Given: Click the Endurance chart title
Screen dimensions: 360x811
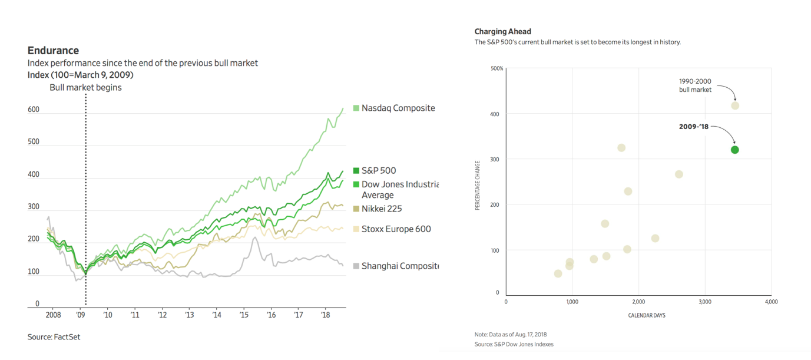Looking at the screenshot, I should coord(53,51).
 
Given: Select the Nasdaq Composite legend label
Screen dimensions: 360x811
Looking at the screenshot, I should coord(398,108).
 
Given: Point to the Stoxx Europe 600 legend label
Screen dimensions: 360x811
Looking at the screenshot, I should coord(396,229).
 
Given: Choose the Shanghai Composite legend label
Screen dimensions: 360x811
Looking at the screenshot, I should coord(400,266).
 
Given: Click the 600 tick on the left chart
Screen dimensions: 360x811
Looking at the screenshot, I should coord(34,110).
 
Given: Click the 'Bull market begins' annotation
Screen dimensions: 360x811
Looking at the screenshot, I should coord(85,87).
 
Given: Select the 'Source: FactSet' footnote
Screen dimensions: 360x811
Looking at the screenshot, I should coord(54,337).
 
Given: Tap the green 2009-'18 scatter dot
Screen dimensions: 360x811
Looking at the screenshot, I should coord(734,150).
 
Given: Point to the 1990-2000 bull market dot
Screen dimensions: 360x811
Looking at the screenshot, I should coord(734,105).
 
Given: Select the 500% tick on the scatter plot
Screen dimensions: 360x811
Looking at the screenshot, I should coord(496,68).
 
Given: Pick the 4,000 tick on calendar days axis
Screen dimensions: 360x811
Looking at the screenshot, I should coord(771,302).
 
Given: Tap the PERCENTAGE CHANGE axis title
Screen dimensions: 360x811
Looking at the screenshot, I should coord(478,185).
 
